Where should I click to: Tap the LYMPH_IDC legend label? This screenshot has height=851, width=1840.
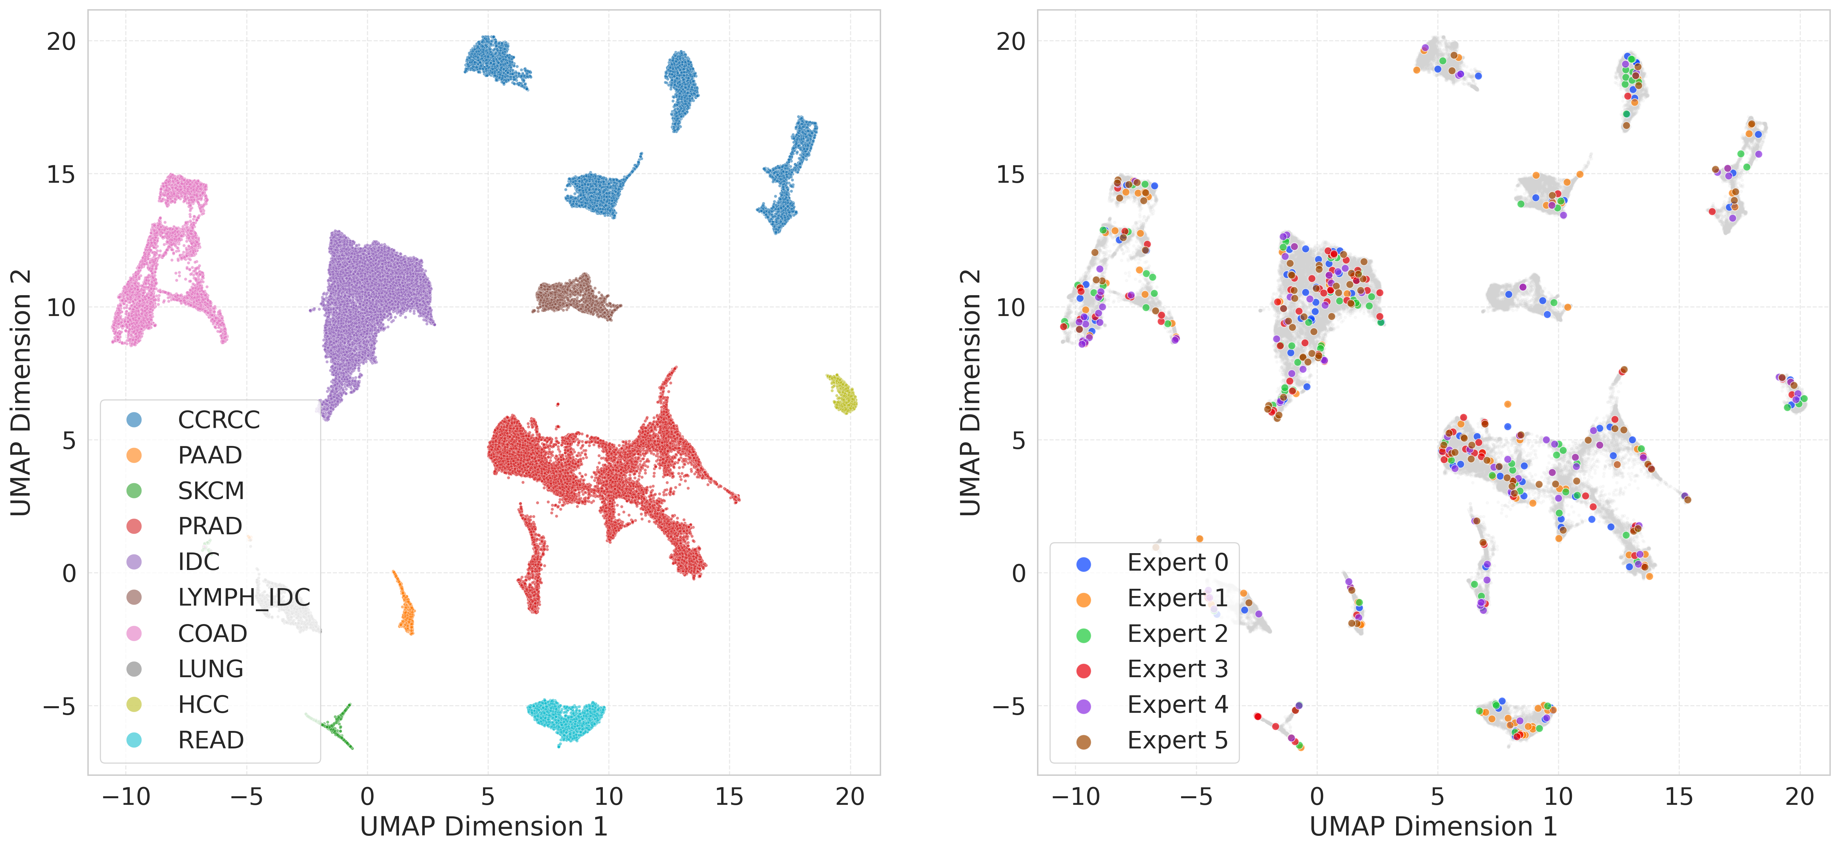coord(244,597)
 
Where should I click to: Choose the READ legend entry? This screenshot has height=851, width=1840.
coord(211,740)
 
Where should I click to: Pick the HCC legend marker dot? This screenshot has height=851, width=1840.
coord(134,705)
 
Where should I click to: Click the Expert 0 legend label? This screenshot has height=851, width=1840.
coord(1177,562)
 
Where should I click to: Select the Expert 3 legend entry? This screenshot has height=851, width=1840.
coord(1177,670)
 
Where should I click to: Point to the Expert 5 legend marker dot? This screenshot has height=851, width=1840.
coord(1084,742)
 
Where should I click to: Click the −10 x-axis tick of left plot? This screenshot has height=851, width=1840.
coord(126,796)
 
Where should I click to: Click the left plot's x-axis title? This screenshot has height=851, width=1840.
coord(483,827)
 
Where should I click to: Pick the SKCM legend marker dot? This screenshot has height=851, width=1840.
coord(134,491)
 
